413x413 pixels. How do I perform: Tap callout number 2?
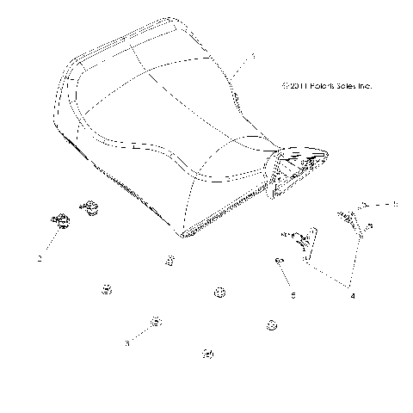click(40, 257)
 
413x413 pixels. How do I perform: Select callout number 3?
click(127, 342)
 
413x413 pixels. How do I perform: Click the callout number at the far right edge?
click(396, 229)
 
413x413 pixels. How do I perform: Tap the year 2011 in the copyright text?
click(288, 86)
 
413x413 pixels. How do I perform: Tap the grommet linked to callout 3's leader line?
click(156, 322)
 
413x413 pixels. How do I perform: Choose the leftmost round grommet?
click(107, 289)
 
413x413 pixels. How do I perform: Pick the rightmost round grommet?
click(272, 324)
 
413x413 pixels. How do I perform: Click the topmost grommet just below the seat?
click(170, 261)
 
